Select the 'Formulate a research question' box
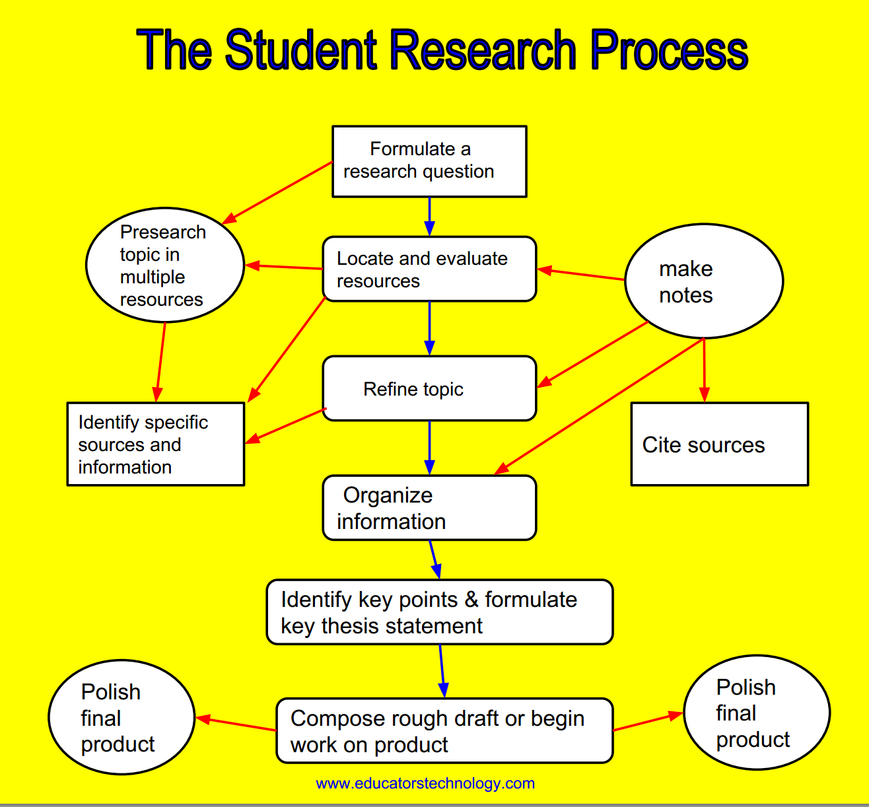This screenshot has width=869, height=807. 429,161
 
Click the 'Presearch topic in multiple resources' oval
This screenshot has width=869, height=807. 165,265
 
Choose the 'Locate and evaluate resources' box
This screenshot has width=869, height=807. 429,269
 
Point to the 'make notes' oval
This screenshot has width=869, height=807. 704,281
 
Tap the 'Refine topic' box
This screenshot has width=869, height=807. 429,389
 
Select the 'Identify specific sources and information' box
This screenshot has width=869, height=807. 156,444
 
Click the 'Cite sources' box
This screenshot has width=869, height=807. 719,444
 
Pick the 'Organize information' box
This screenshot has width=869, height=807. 429,508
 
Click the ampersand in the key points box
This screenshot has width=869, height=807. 471,600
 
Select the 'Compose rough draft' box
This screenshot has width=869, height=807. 444,731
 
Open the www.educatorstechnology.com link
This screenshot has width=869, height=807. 425,784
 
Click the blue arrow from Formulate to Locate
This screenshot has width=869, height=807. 430,217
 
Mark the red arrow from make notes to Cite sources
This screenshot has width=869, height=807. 704,370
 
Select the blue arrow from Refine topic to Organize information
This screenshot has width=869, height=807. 430,448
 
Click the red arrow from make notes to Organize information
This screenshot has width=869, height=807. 598,406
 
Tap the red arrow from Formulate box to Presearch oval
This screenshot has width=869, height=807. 277,193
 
